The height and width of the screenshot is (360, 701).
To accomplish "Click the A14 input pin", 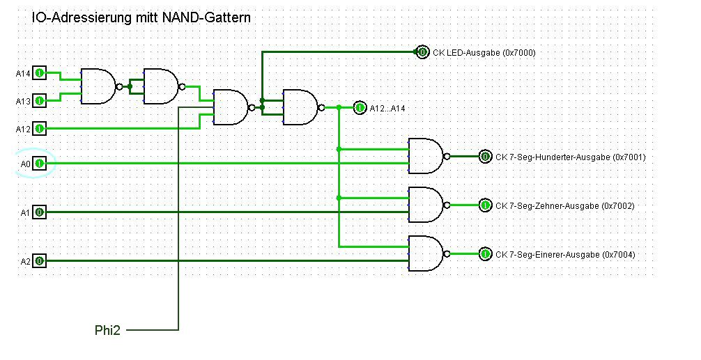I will pyautogui.click(x=40, y=73).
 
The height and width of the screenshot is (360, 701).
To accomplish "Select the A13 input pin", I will pyautogui.click(x=40, y=101).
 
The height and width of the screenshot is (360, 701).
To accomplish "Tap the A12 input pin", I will pyautogui.click(x=40, y=129).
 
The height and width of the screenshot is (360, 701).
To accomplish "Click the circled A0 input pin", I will pyautogui.click(x=40, y=164).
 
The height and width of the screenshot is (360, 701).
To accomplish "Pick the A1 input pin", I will pyautogui.click(x=40, y=212).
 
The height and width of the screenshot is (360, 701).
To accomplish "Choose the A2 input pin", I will pyautogui.click(x=40, y=261).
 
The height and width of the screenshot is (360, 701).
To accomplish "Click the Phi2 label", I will pyautogui.click(x=107, y=330).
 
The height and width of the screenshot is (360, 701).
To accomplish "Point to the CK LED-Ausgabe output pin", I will pyautogui.click(x=422, y=52).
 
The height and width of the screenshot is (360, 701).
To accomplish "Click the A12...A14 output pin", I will pyautogui.click(x=360, y=108).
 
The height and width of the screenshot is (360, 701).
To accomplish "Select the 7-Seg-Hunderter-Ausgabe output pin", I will pyautogui.click(x=485, y=157).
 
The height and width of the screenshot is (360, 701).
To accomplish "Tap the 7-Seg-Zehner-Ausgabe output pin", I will pyautogui.click(x=485, y=205).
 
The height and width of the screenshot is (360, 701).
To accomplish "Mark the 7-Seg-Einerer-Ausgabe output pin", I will pyautogui.click(x=485, y=254).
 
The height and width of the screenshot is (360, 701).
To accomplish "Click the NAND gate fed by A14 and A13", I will pyautogui.click(x=98, y=87).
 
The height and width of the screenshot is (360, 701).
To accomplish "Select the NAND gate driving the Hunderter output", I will pyautogui.click(x=425, y=157).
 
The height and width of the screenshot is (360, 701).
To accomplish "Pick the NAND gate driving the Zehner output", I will pyautogui.click(x=425, y=205).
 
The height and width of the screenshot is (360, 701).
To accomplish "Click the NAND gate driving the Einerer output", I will pyautogui.click(x=425, y=254).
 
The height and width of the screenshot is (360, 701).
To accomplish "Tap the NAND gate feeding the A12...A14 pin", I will pyautogui.click(x=300, y=108).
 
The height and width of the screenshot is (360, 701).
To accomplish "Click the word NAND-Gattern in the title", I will pyautogui.click(x=206, y=17).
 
